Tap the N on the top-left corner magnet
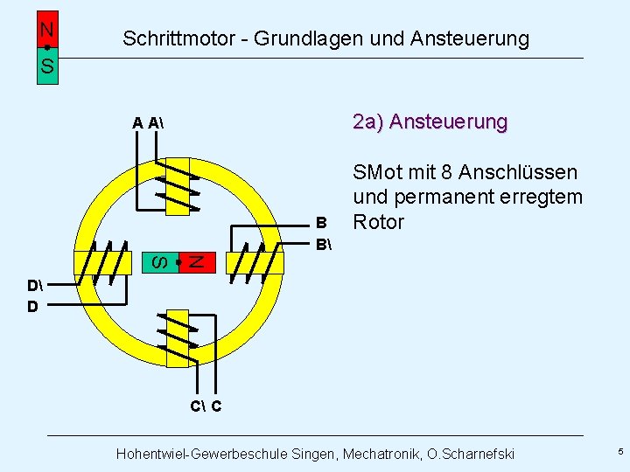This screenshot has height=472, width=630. [47, 30]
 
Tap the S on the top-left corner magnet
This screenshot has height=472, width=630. [47, 66]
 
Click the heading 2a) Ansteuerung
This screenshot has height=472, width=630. [430, 121]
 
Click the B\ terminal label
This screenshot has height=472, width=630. [323, 243]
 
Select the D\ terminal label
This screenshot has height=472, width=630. [34, 286]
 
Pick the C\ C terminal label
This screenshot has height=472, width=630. [206, 406]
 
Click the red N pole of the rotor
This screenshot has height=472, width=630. [197, 260]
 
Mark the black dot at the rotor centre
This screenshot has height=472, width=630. [178, 261]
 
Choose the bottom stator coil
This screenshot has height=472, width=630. [178, 337]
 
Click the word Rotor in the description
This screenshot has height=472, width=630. [378, 222]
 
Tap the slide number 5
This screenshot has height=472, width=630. [620, 452]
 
